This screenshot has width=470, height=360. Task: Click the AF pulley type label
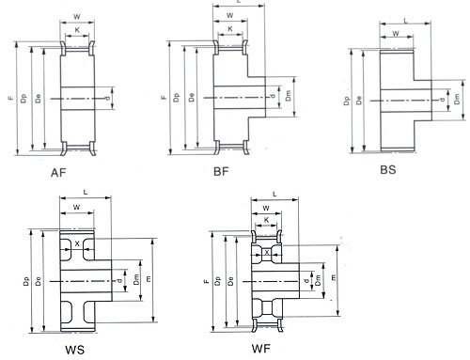[58, 173]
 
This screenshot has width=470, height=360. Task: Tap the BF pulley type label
[221, 172]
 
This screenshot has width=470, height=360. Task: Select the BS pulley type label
[388, 170]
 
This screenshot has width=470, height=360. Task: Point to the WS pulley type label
[75, 350]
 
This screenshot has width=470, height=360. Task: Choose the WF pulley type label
[260, 348]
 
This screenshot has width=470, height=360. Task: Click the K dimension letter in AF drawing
[77, 30]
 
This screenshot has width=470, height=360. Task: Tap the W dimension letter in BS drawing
[396, 34]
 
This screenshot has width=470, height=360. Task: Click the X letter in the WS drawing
[77, 243]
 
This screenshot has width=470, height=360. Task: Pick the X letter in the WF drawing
[267, 252]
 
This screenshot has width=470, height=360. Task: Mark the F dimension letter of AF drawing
[11, 98]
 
